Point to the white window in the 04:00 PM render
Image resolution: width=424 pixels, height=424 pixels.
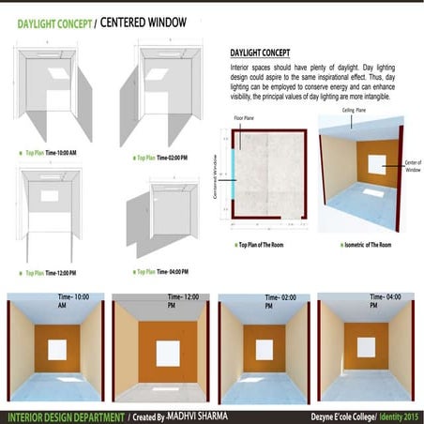point(363,348)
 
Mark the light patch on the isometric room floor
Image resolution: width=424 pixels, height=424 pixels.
point(371,192)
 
